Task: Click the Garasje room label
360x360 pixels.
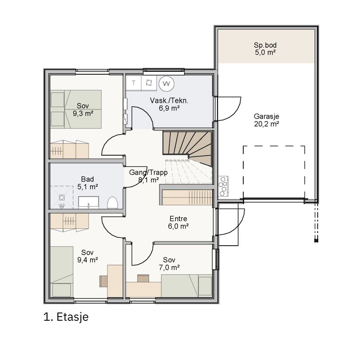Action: click(266, 116)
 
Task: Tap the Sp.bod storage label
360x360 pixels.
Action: click(265, 45)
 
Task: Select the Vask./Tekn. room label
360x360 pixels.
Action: click(169, 100)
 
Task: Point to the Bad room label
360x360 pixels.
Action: click(88, 179)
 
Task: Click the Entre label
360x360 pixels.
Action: click(178, 219)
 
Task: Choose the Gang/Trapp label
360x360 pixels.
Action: click(148, 172)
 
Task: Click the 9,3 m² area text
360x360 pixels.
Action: click(83, 113)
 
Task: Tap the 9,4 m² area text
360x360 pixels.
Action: click(88, 260)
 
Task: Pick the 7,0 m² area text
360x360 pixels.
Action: click(169, 267)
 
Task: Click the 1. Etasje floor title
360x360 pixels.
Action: click(66, 317)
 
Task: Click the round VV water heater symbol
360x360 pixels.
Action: click(166, 83)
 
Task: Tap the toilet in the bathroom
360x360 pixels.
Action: click(113, 203)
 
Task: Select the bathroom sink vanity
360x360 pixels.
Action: click(89, 203)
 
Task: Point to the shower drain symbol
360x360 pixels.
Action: click(61, 197)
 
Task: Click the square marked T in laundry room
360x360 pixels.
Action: click(134, 83)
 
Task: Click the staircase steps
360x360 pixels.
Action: click(187, 147)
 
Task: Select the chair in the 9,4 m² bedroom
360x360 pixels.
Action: click(103, 281)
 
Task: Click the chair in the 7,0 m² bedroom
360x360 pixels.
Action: click(143, 278)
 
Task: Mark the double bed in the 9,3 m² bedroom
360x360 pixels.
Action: click(76, 109)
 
